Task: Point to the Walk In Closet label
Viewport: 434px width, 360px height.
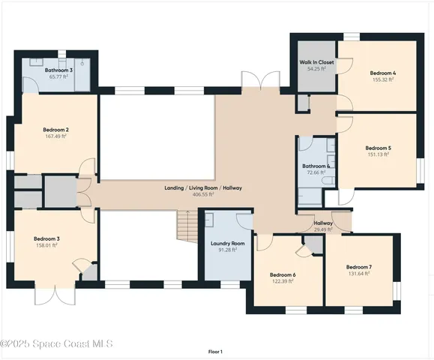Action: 316,62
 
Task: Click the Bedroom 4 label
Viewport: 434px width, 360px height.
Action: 382,73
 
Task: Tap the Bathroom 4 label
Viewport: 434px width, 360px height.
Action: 316,166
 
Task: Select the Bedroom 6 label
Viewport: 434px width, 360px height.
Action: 283,274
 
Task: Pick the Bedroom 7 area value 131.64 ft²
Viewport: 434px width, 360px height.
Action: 358,274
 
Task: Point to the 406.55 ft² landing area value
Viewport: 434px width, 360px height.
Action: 203,194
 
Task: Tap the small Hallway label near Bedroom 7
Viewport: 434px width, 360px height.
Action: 323,223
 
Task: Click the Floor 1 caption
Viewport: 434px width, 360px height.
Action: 215,351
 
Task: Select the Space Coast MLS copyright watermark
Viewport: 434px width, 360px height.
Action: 56,343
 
